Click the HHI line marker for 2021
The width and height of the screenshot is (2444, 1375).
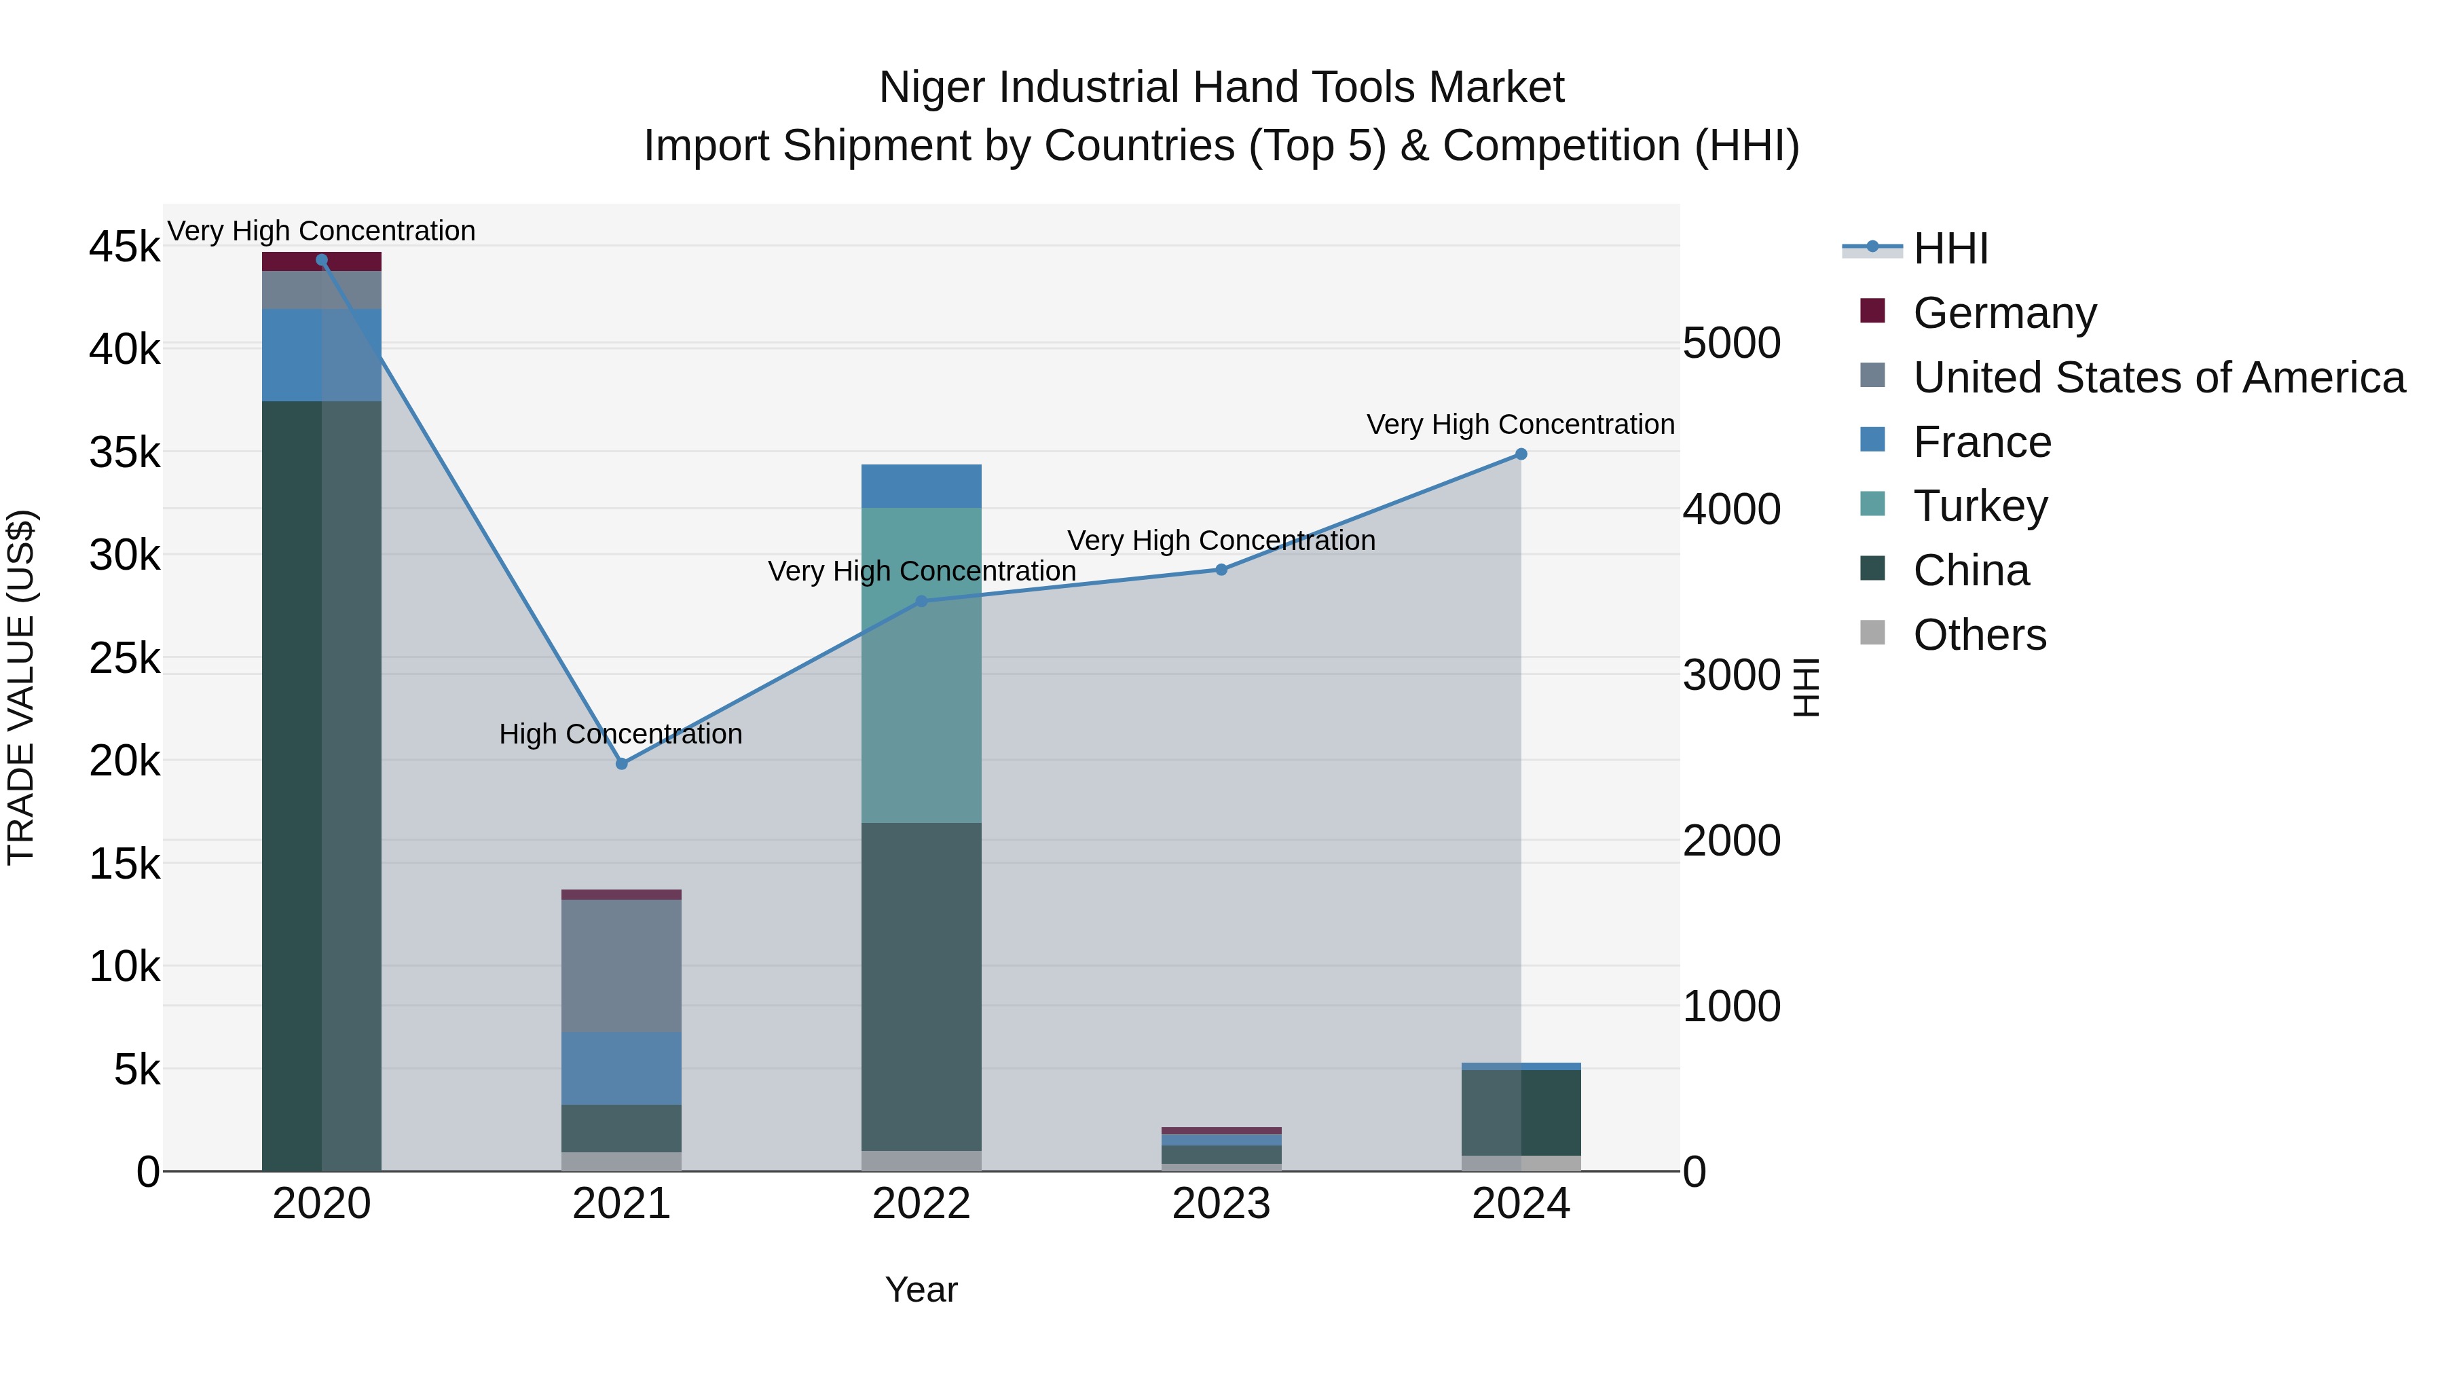coord(621,764)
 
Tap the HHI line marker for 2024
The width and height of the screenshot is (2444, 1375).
coord(1521,454)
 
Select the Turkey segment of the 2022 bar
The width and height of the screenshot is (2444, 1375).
coord(921,664)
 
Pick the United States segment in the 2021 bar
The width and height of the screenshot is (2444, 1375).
coord(621,965)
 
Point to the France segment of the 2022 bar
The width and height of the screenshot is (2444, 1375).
coord(921,486)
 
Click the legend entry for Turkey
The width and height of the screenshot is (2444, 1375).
coord(1980,506)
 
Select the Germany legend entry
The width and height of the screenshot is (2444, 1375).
coord(2004,313)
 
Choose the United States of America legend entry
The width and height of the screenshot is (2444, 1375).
coord(2158,378)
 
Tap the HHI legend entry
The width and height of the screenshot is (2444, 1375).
coord(1950,249)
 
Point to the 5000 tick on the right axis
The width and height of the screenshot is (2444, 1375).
coord(1731,344)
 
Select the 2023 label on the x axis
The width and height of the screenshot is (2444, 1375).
coord(1221,1204)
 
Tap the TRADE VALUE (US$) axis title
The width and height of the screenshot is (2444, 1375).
coord(22,687)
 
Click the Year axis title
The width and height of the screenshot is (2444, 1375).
coord(921,1289)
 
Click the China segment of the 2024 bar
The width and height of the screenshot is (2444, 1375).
coord(1521,1112)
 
